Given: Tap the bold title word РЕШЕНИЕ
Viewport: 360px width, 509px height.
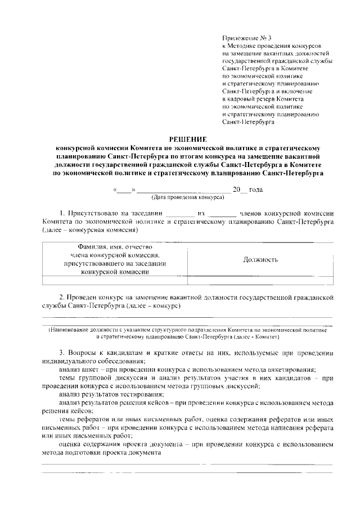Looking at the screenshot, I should pyautogui.click(x=188, y=139).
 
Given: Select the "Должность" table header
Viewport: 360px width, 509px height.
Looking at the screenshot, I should pyautogui.click(x=260, y=259).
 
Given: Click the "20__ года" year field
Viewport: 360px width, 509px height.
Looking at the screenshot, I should pyautogui.click(x=247, y=190).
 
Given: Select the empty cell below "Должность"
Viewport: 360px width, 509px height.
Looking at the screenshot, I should pyautogui.click(x=260, y=280).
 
